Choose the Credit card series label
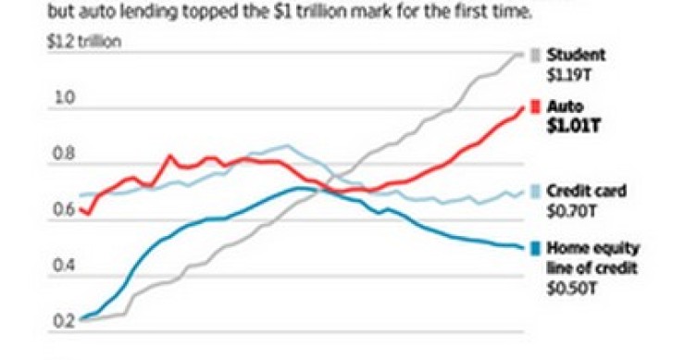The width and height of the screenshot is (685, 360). coord(587,192)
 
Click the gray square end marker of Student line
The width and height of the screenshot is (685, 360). coord(534,55)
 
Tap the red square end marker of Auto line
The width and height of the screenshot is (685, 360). coord(534,107)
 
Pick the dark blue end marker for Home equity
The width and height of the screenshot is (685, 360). coord(534,248)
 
